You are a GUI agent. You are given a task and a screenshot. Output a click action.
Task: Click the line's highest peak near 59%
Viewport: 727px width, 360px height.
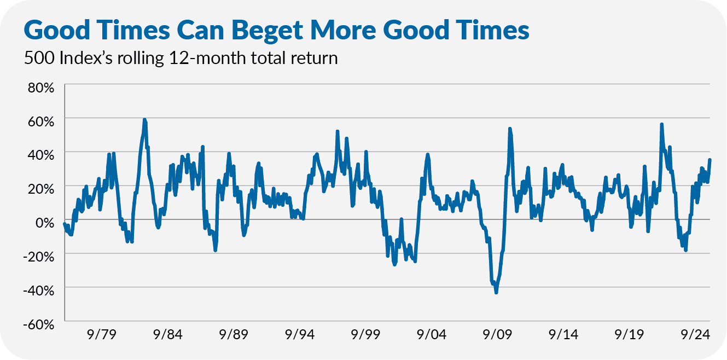tap(144, 119)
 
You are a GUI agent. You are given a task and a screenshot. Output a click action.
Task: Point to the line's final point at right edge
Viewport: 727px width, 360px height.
tap(709, 160)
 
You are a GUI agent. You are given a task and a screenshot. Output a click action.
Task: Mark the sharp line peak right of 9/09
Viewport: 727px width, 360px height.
tap(510, 129)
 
